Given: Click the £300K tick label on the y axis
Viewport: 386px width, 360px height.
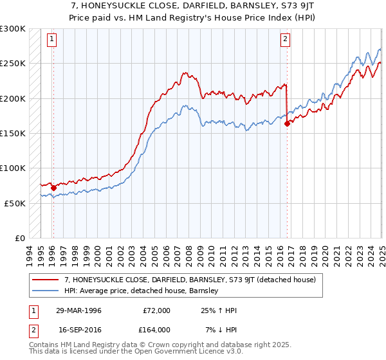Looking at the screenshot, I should (13, 29).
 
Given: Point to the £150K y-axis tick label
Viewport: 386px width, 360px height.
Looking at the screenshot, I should (13, 133).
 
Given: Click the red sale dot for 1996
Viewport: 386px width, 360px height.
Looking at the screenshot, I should (53, 188).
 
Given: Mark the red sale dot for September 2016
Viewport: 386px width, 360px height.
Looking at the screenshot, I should (287, 124).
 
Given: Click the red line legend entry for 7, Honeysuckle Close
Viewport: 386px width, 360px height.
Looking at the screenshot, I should (190, 280).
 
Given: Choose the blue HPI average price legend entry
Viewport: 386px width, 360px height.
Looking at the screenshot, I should (142, 291).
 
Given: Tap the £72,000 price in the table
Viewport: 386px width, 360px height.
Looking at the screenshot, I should (156, 310).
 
